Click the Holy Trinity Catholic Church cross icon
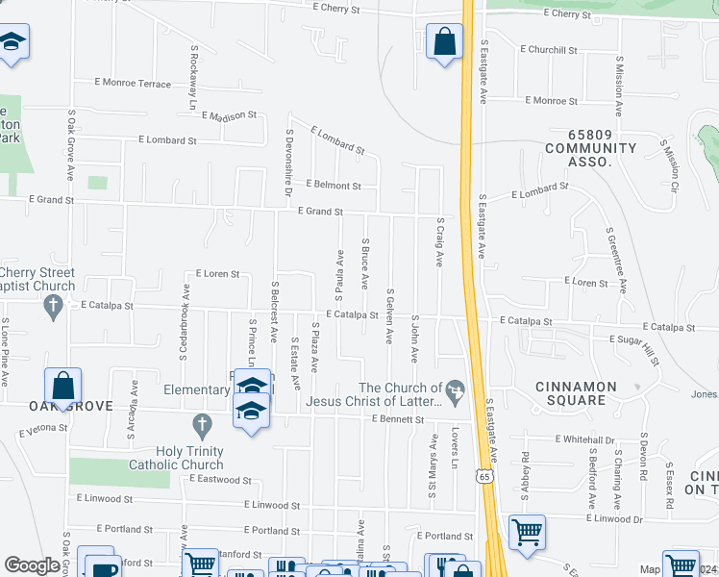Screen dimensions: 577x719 pos(202,423)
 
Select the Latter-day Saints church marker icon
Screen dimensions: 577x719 pos(456,389)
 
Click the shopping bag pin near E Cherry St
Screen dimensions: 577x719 pos(444,42)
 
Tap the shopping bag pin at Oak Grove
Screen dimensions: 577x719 pos(62,386)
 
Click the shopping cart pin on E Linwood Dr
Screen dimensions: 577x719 pos(527,532)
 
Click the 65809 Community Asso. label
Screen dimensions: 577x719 pos(590,155)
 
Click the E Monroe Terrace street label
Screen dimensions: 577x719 pos(133,84)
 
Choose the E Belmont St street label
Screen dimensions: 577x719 pos(334,185)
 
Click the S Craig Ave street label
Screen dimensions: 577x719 pos(438,240)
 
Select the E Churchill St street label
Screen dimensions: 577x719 pos(549,50)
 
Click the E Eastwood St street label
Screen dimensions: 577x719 pos(220,478)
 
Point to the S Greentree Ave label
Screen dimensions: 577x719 pos(616,259)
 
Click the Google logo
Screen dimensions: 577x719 pos(32,565)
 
